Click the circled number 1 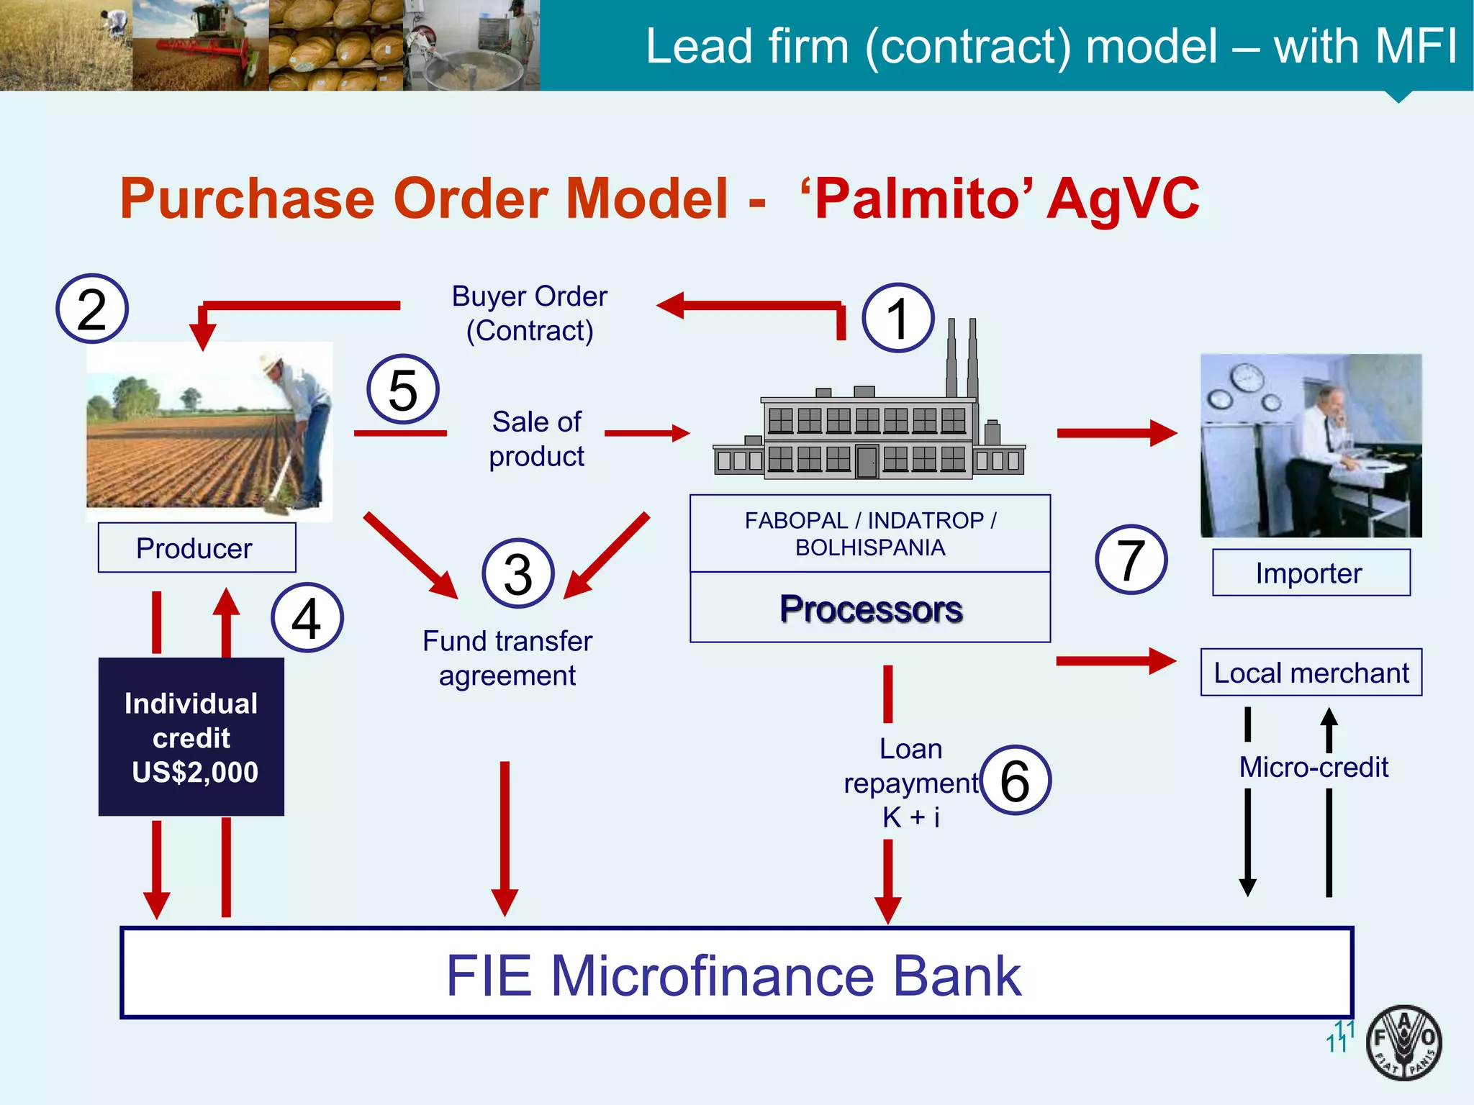click(x=897, y=318)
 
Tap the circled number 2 click(x=92, y=309)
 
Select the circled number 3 click(x=518, y=573)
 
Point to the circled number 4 click(x=307, y=618)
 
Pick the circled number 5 click(x=403, y=389)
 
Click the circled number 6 click(x=1016, y=781)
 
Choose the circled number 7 click(x=1131, y=560)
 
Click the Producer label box click(x=196, y=548)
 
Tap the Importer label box click(x=1311, y=573)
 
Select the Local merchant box click(x=1311, y=673)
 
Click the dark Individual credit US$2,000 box click(x=191, y=737)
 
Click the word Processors click(x=871, y=609)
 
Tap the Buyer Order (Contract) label click(x=530, y=314)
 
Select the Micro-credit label click(x=1314, y=767)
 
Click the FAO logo click(x=1403, y=1042)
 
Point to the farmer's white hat click(x=272, y=362)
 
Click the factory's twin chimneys click(x=962, y=356)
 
